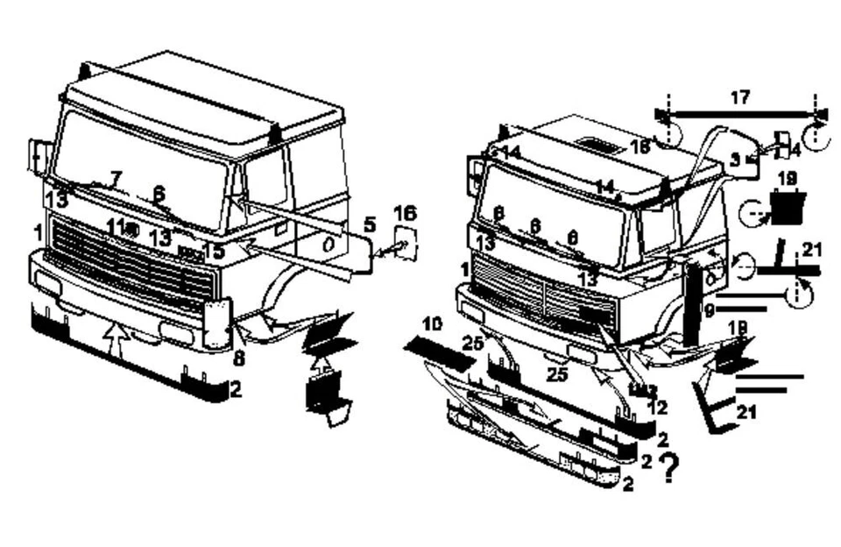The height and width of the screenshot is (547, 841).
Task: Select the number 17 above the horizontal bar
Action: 740,97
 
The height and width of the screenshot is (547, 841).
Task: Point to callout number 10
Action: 431,325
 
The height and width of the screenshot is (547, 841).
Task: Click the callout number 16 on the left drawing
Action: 405,213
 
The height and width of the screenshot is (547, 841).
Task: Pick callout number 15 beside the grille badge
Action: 213,252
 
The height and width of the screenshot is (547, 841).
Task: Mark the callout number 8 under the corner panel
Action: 239,358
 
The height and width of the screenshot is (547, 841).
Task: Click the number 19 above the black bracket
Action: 787,178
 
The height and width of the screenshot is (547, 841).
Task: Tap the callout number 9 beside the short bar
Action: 710,309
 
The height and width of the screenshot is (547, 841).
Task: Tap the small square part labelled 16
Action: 405,241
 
